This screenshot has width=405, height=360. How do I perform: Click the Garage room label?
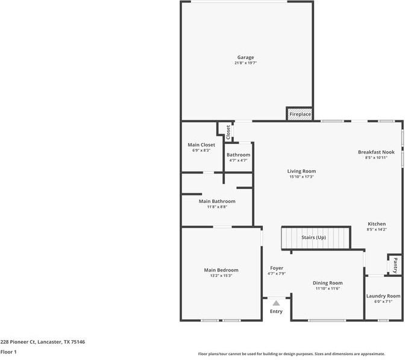[245, 58]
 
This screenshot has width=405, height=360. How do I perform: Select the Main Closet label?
[201, 144]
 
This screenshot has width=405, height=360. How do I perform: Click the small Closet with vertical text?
[228, 132]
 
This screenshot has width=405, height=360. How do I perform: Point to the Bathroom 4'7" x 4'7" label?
[238, 155]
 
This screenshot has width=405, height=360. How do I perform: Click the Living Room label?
[301, 172]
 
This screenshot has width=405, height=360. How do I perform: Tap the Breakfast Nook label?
[376, 152]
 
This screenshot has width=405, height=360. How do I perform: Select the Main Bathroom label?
[217, 201]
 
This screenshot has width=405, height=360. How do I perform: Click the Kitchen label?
[377, 224]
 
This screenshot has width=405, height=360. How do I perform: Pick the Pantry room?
[395, 264]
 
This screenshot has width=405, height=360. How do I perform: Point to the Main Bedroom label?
[221, 270]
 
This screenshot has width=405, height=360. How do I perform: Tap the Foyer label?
[277, 268]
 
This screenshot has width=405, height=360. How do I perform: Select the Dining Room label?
[327, 283]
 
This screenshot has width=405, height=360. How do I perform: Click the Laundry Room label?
[383, 296]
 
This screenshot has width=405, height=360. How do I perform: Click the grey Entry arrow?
[276, 303]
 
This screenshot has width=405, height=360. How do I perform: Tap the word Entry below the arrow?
[276, 311]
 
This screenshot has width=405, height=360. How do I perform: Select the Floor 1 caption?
[8, 352]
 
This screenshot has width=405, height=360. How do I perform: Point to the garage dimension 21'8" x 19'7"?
[245, 63]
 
